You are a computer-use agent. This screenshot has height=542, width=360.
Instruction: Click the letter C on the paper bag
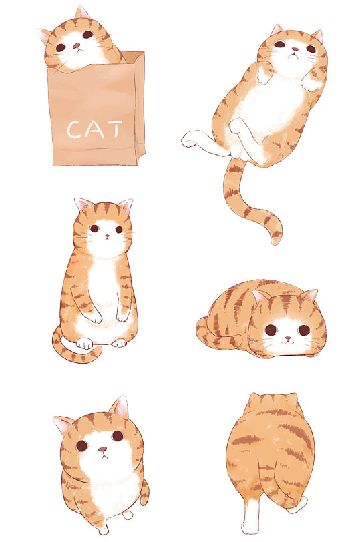74,130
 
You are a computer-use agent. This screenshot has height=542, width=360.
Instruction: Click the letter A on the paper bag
94,129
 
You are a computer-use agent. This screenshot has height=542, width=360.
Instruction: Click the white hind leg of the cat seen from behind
251,518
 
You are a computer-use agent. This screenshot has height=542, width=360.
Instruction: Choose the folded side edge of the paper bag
138,107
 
